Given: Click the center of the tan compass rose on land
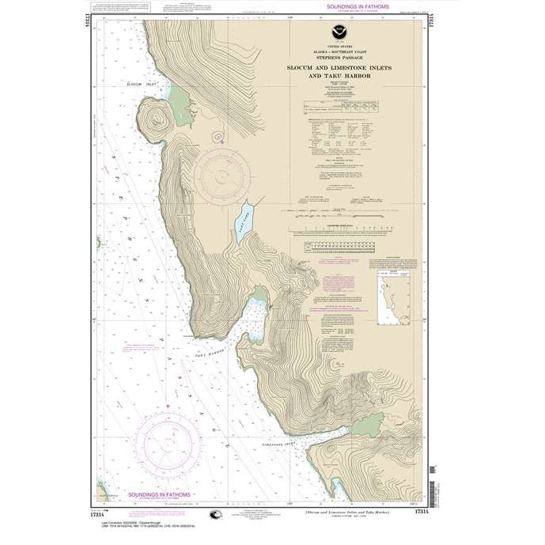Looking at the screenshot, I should point(224,168).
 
